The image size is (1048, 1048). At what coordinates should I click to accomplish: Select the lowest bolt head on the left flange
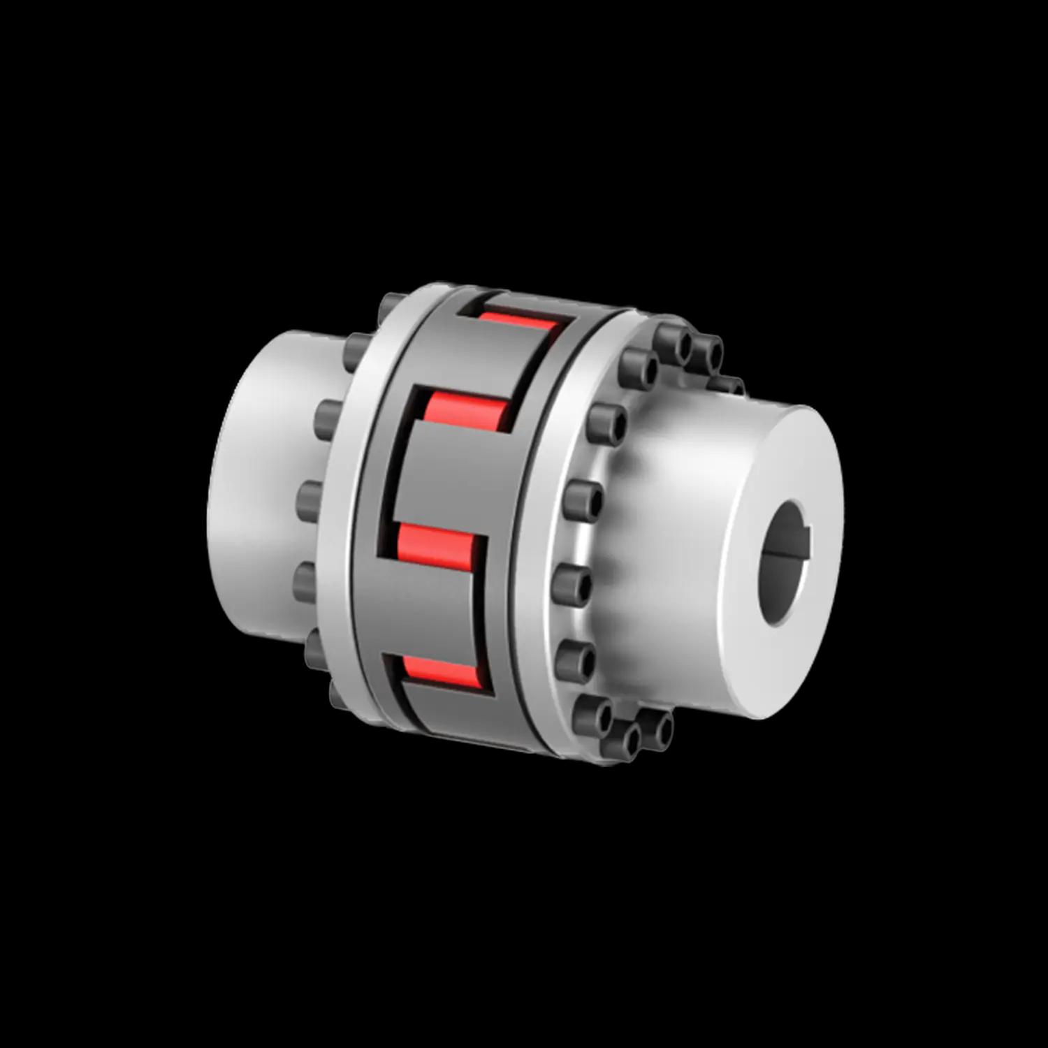coord(338,692)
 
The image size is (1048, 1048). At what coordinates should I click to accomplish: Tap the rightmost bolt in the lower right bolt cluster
coord(660,727)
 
